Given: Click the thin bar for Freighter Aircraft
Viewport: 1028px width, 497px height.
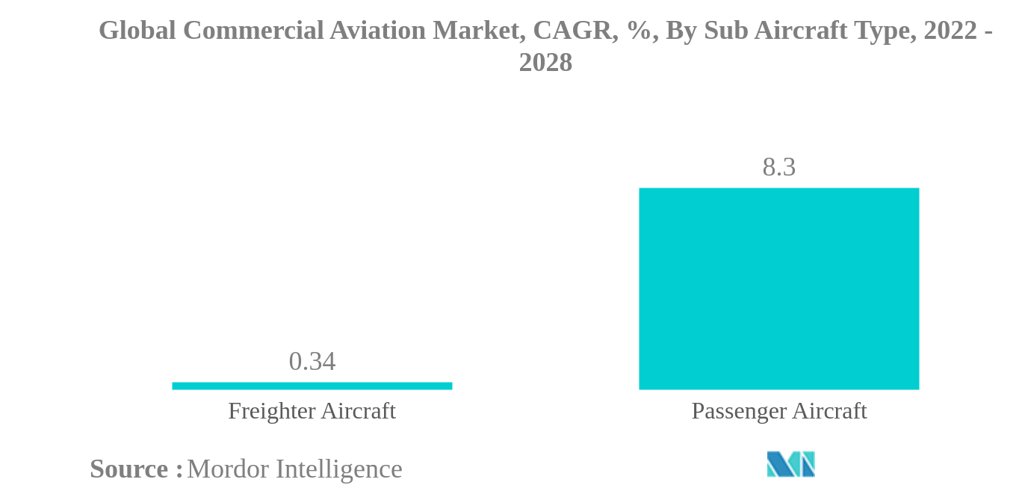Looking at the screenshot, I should (x=312, y=386).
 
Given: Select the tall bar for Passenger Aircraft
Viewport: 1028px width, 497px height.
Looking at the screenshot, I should (x=778, y=288).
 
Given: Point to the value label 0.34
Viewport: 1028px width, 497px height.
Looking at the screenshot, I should (x=312, y=362).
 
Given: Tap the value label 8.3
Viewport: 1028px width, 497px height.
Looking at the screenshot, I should (x=778, y=167).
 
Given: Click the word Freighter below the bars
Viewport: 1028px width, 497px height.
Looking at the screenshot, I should (x=272, y=411).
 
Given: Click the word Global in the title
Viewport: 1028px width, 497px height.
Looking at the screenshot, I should (x=137, y=31).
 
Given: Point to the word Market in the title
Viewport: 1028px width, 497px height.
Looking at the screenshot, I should (x=477, y=31).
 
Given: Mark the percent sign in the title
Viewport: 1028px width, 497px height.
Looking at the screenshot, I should (x=638, y=31).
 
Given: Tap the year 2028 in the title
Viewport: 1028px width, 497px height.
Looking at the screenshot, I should (x=545, y=63).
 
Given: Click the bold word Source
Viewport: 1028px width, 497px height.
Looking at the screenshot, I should (x=129, y=469).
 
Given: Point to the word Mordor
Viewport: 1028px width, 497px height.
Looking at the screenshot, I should (x=228, y=469).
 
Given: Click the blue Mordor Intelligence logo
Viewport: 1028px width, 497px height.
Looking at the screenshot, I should (x=790, y=464).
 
